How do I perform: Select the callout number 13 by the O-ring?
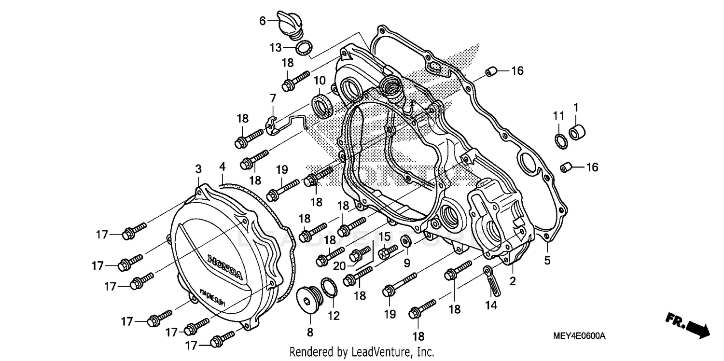(x=275, y=47)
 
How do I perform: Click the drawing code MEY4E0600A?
(x=582, y=335)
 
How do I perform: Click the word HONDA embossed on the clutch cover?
(x=225, y=267)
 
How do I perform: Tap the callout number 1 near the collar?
(x=576, y=106)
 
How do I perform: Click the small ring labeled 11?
(x=560, y=140)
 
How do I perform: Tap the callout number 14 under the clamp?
(x=491, y=305)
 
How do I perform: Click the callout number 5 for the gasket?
(x=547, y=260)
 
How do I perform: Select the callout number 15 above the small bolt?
(x=384, y=236)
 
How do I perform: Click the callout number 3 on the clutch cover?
(x=198, y=168)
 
